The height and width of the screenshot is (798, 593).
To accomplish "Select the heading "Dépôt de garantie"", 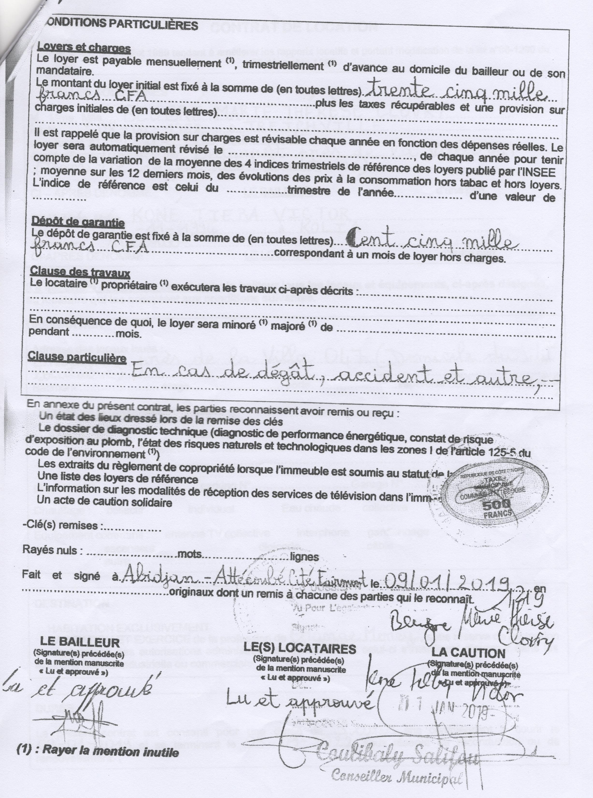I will [78, 222].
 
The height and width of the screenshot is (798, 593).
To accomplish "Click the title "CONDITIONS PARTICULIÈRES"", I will [122, 24].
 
